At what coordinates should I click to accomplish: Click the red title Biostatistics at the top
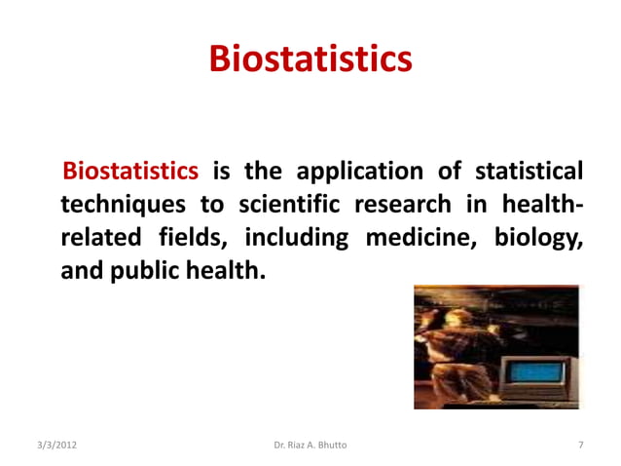click(x=310, y=58)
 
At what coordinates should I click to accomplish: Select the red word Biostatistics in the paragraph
click(x=130, y=173)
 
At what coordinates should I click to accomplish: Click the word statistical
click(x=530, y=173)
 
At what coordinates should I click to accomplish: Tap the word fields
click(x=188, y=237)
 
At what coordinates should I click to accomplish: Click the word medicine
click(x=420, y=237)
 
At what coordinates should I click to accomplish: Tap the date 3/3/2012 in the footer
click(x=51, y=446)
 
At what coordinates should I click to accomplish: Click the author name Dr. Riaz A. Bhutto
click(x=310, y=446)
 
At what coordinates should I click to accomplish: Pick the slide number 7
click(x=580, y=446)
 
